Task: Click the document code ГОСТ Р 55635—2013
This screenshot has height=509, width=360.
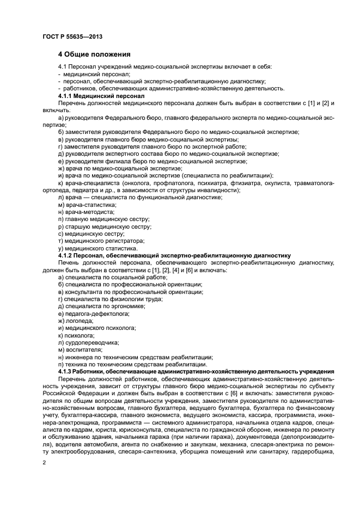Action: (x=72, y=36)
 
